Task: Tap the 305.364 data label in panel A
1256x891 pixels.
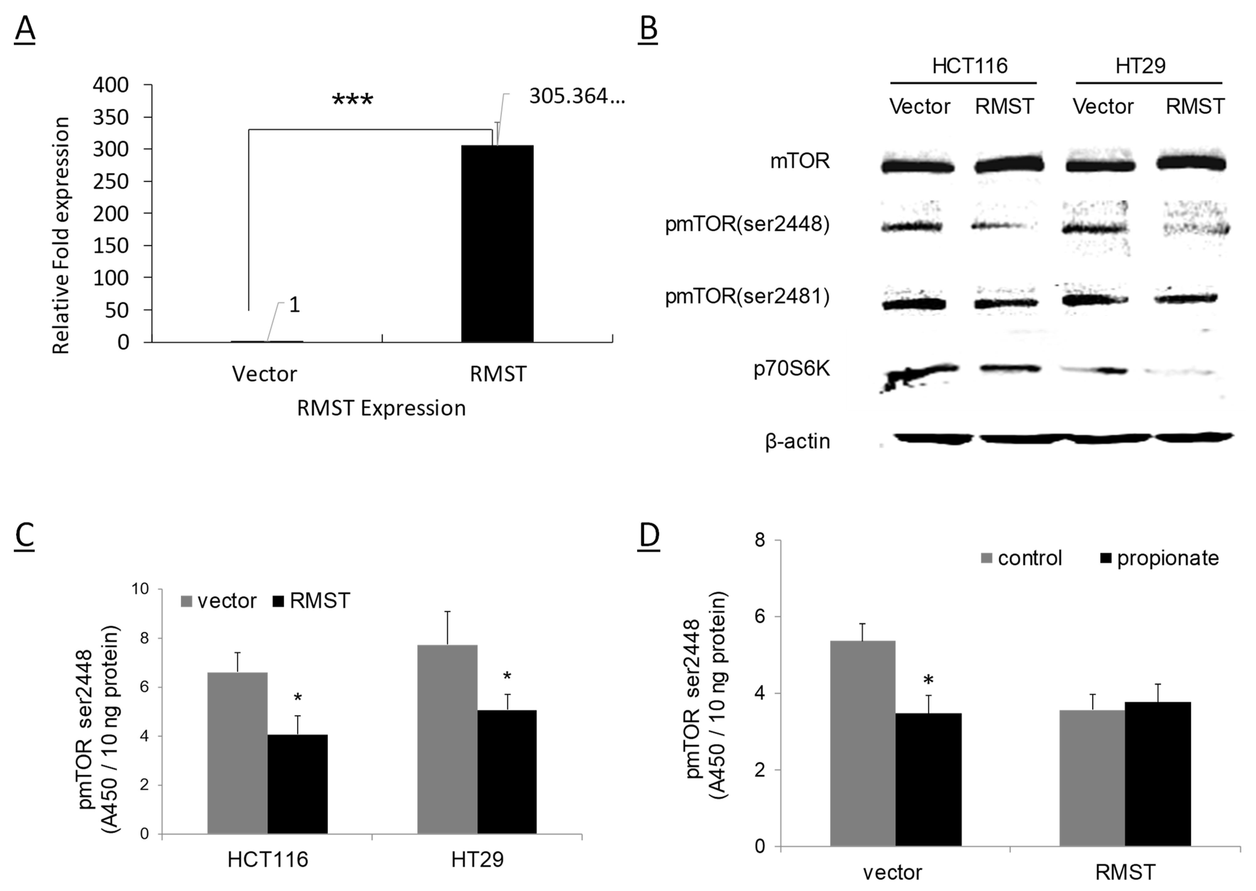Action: point(576,96)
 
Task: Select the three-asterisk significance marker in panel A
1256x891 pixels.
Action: point(352,100)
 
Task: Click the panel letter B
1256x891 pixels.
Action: point(648,29)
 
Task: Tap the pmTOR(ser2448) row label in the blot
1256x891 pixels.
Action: point(747,225)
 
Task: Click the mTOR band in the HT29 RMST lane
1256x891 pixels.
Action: point(1191,163)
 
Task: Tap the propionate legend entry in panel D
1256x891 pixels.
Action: point(1160,559)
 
